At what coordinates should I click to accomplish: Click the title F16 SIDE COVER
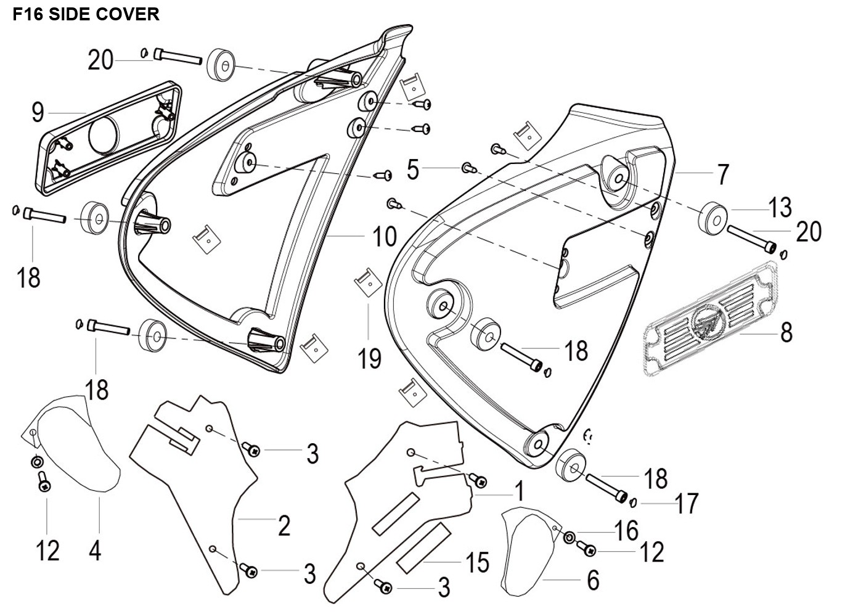86,14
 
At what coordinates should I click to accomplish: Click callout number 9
38,113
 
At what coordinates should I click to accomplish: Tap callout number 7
723,175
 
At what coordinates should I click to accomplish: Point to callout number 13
780,208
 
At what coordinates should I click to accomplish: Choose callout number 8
786,333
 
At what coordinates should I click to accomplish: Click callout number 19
370,359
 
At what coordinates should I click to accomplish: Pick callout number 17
686,504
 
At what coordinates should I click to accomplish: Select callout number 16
627,531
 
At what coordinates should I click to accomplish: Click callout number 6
592,580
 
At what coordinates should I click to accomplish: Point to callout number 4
94,551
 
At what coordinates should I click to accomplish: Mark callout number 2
284,526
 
